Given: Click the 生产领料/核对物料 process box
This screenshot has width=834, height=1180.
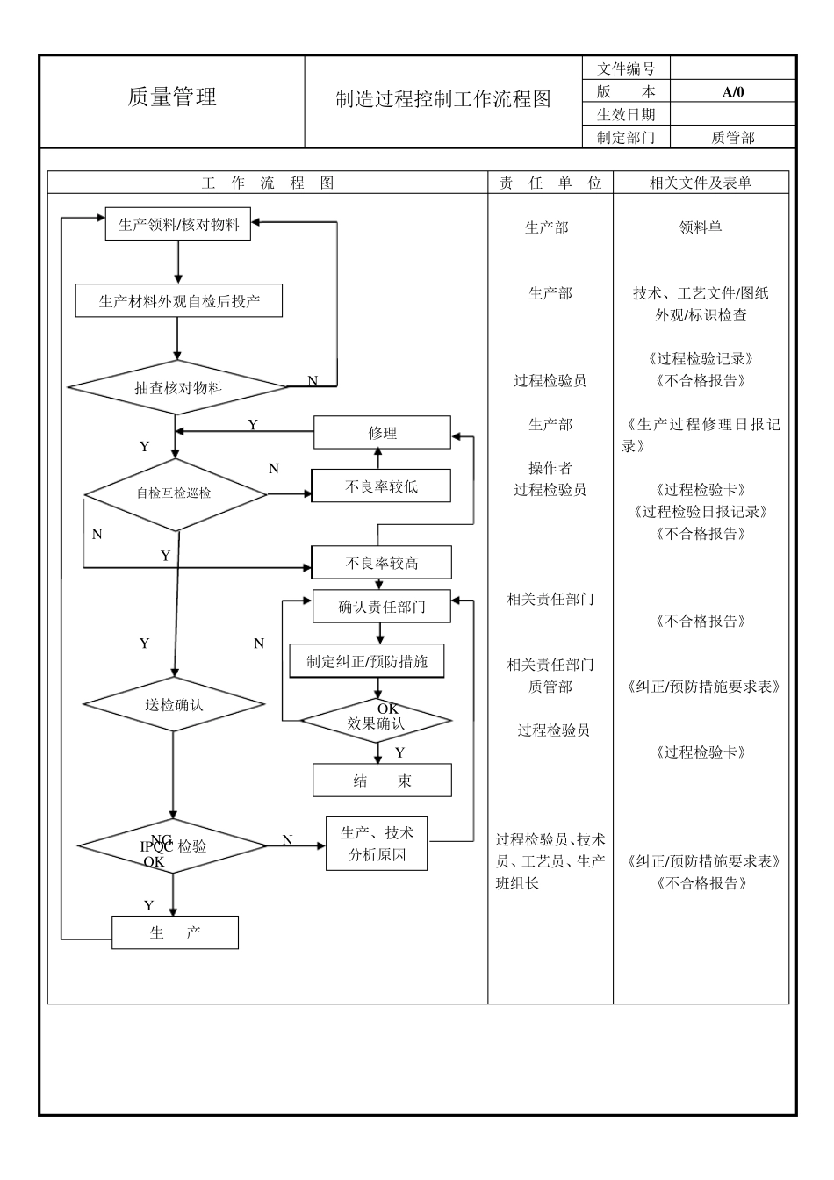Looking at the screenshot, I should (178, 224).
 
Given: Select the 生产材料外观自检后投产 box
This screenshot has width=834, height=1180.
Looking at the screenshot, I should (179, 301).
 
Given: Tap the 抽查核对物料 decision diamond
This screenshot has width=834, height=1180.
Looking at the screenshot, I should (178, 387).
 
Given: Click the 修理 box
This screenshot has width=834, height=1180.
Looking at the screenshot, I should (382, 433).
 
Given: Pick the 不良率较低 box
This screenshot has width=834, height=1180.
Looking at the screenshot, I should (382, 486).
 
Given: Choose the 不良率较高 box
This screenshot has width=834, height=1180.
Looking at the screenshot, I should (382, 563).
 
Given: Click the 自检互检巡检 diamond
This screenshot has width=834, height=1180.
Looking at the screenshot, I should (175, 493).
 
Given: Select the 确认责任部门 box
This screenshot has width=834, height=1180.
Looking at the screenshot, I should (382, 607).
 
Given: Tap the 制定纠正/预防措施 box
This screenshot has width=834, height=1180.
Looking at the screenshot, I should (367, 661).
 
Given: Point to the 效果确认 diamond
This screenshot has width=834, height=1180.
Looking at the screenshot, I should (377, 722).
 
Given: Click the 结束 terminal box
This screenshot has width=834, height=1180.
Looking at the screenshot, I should (382, 781).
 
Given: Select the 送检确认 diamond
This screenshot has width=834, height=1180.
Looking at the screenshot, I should (174, 704).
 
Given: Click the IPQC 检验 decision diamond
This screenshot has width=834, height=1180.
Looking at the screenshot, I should (173, 846).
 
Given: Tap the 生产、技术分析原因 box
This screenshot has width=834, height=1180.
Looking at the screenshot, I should (377, 844).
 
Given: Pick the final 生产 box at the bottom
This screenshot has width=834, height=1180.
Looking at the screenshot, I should (175, 932).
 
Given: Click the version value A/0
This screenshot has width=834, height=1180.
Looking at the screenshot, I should (732, 91).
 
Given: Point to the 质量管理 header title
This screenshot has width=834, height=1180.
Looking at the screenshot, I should (172, 97).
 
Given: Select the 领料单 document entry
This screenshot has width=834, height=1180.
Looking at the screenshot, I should (700, 227).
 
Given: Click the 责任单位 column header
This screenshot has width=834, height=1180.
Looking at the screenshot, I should (550, 183).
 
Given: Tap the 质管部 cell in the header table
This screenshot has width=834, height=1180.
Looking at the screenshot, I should (732, 137).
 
